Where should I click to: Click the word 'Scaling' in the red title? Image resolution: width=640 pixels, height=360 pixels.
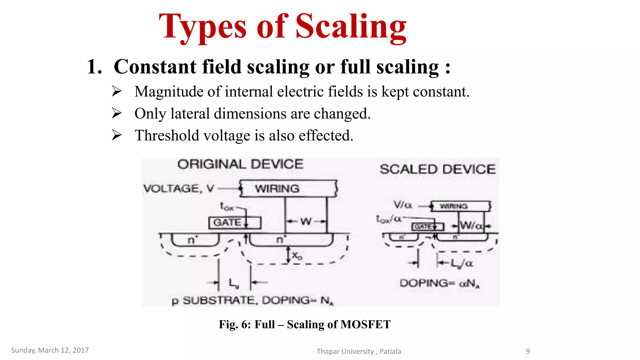351,27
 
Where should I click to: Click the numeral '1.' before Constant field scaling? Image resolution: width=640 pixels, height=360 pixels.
94,67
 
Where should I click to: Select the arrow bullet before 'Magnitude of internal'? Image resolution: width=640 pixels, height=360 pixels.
117,91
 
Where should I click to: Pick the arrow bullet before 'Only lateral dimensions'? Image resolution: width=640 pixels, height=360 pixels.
117,113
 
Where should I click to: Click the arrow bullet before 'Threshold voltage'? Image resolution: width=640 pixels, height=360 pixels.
117,135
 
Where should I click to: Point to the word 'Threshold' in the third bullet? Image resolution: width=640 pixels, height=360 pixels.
167,136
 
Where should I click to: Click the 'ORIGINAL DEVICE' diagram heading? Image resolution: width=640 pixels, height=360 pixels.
240,164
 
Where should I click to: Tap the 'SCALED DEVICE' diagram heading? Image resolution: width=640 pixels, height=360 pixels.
437,169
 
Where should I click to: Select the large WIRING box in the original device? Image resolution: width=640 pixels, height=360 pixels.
288,188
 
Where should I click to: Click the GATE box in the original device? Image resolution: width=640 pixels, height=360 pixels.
234,222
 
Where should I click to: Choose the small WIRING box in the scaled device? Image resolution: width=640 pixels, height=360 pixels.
460,206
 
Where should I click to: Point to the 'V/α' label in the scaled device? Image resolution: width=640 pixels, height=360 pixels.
402,205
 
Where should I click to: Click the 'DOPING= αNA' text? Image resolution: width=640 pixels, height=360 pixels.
439,283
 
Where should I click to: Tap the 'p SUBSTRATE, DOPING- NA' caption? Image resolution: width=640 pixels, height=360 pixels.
252,301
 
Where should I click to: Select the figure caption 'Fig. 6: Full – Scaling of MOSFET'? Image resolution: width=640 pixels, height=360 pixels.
304,324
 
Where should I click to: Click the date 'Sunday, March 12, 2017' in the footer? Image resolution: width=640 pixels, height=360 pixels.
50,350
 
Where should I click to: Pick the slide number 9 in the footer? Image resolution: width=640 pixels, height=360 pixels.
528,352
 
